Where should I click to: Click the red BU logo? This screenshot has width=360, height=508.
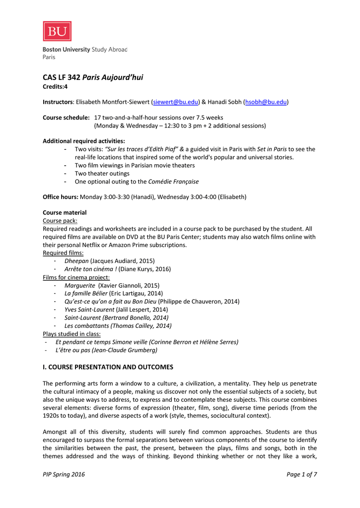pos(57,31)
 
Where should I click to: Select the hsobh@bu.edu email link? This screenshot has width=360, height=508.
pos(266,102)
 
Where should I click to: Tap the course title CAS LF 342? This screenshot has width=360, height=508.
pos(62,77)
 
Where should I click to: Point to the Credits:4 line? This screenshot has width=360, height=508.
pos(55,86)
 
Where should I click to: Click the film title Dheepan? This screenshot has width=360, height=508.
pos(76,260)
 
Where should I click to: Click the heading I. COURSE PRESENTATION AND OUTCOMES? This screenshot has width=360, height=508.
pos(108,367)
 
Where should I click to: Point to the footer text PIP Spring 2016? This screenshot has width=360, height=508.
pos(64,474)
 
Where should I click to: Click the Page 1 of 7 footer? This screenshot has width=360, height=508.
pos(301,474)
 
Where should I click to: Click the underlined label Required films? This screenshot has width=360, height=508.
pos(63,253)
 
